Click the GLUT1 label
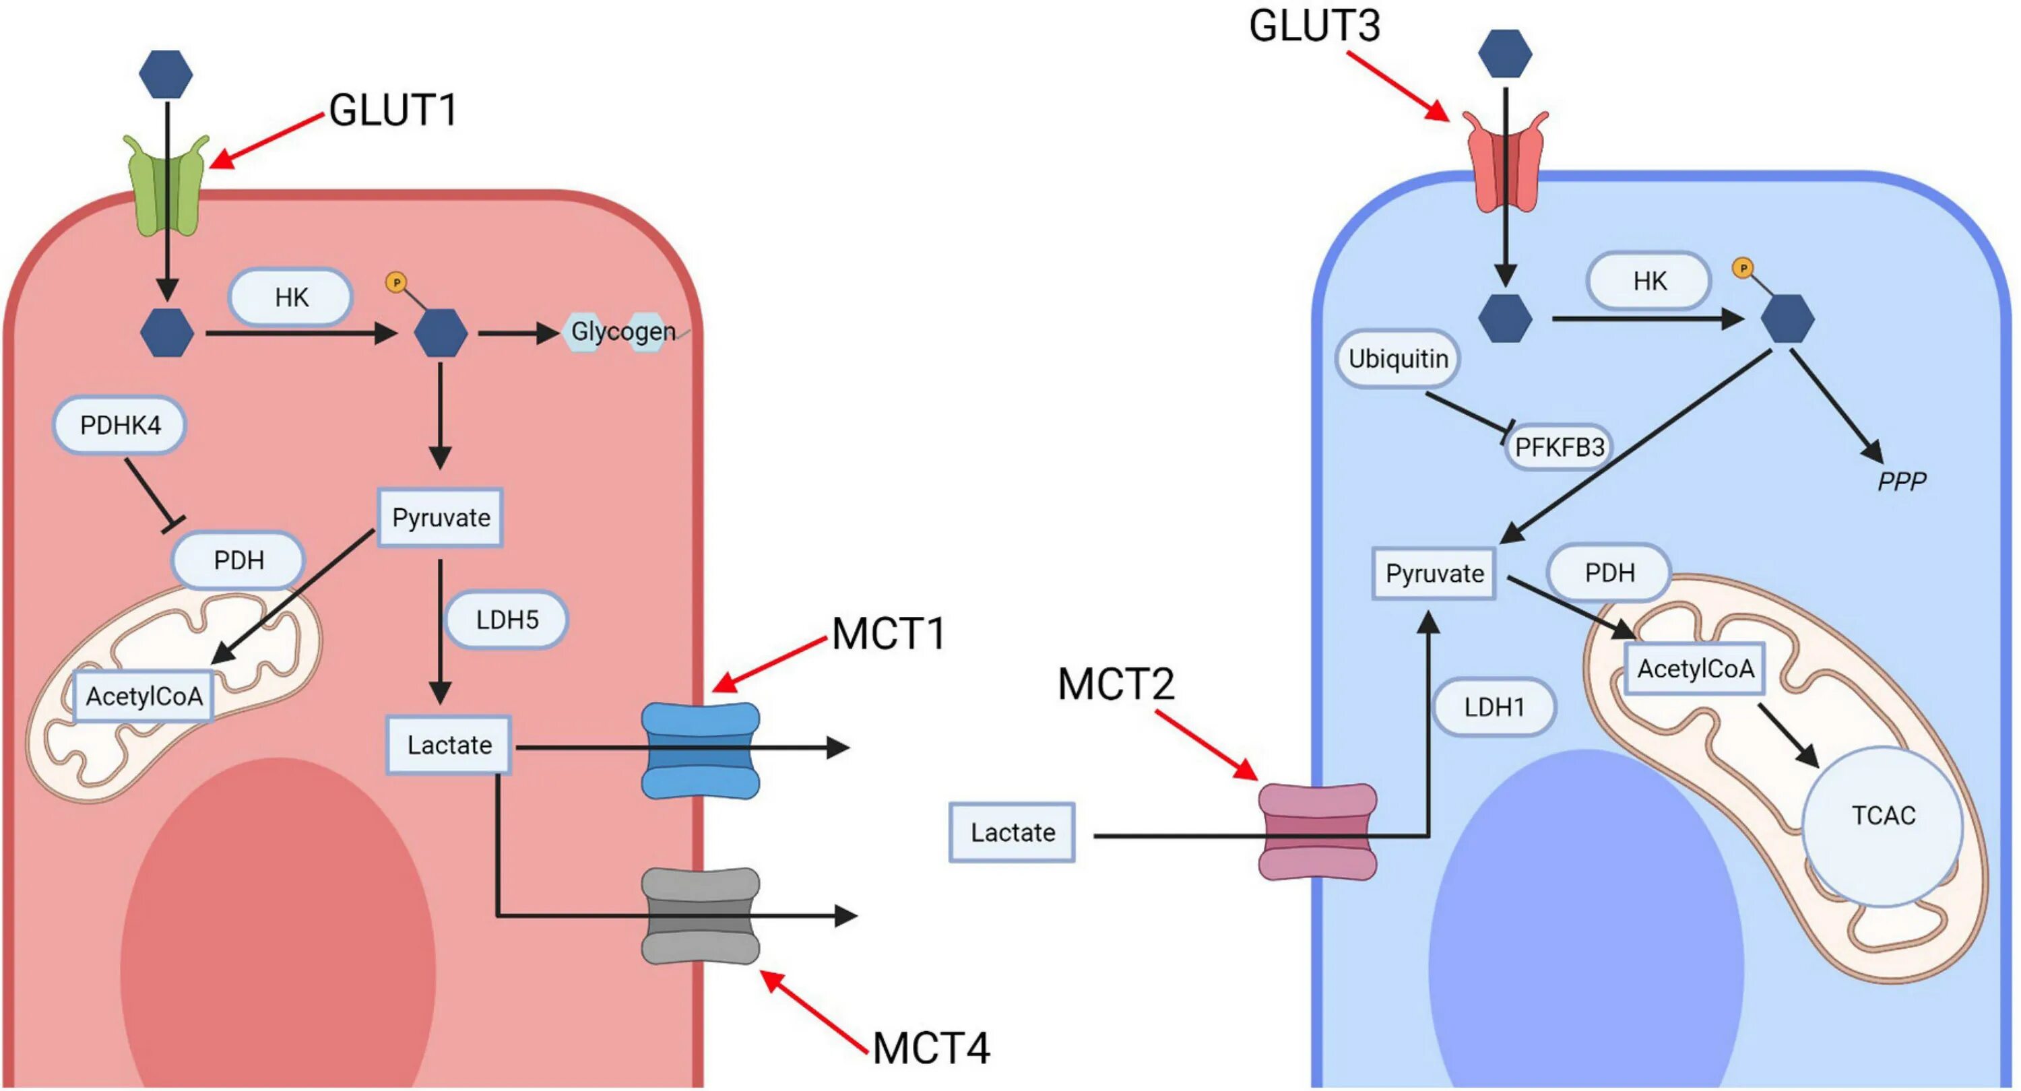point(393,110)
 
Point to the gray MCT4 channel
point(700,915)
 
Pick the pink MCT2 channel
point(1317,832)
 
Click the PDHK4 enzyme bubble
point(120,425)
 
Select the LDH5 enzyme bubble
point(507,620)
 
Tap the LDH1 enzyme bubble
point(1494,706)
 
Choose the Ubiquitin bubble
point(1398,358)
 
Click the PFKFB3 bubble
point(1559,447)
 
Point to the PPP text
point(1902,481)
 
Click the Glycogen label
point(623,332)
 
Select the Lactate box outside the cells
point(1012,832)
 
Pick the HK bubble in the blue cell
point(1649,281)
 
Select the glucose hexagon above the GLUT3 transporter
point(1505,53)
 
